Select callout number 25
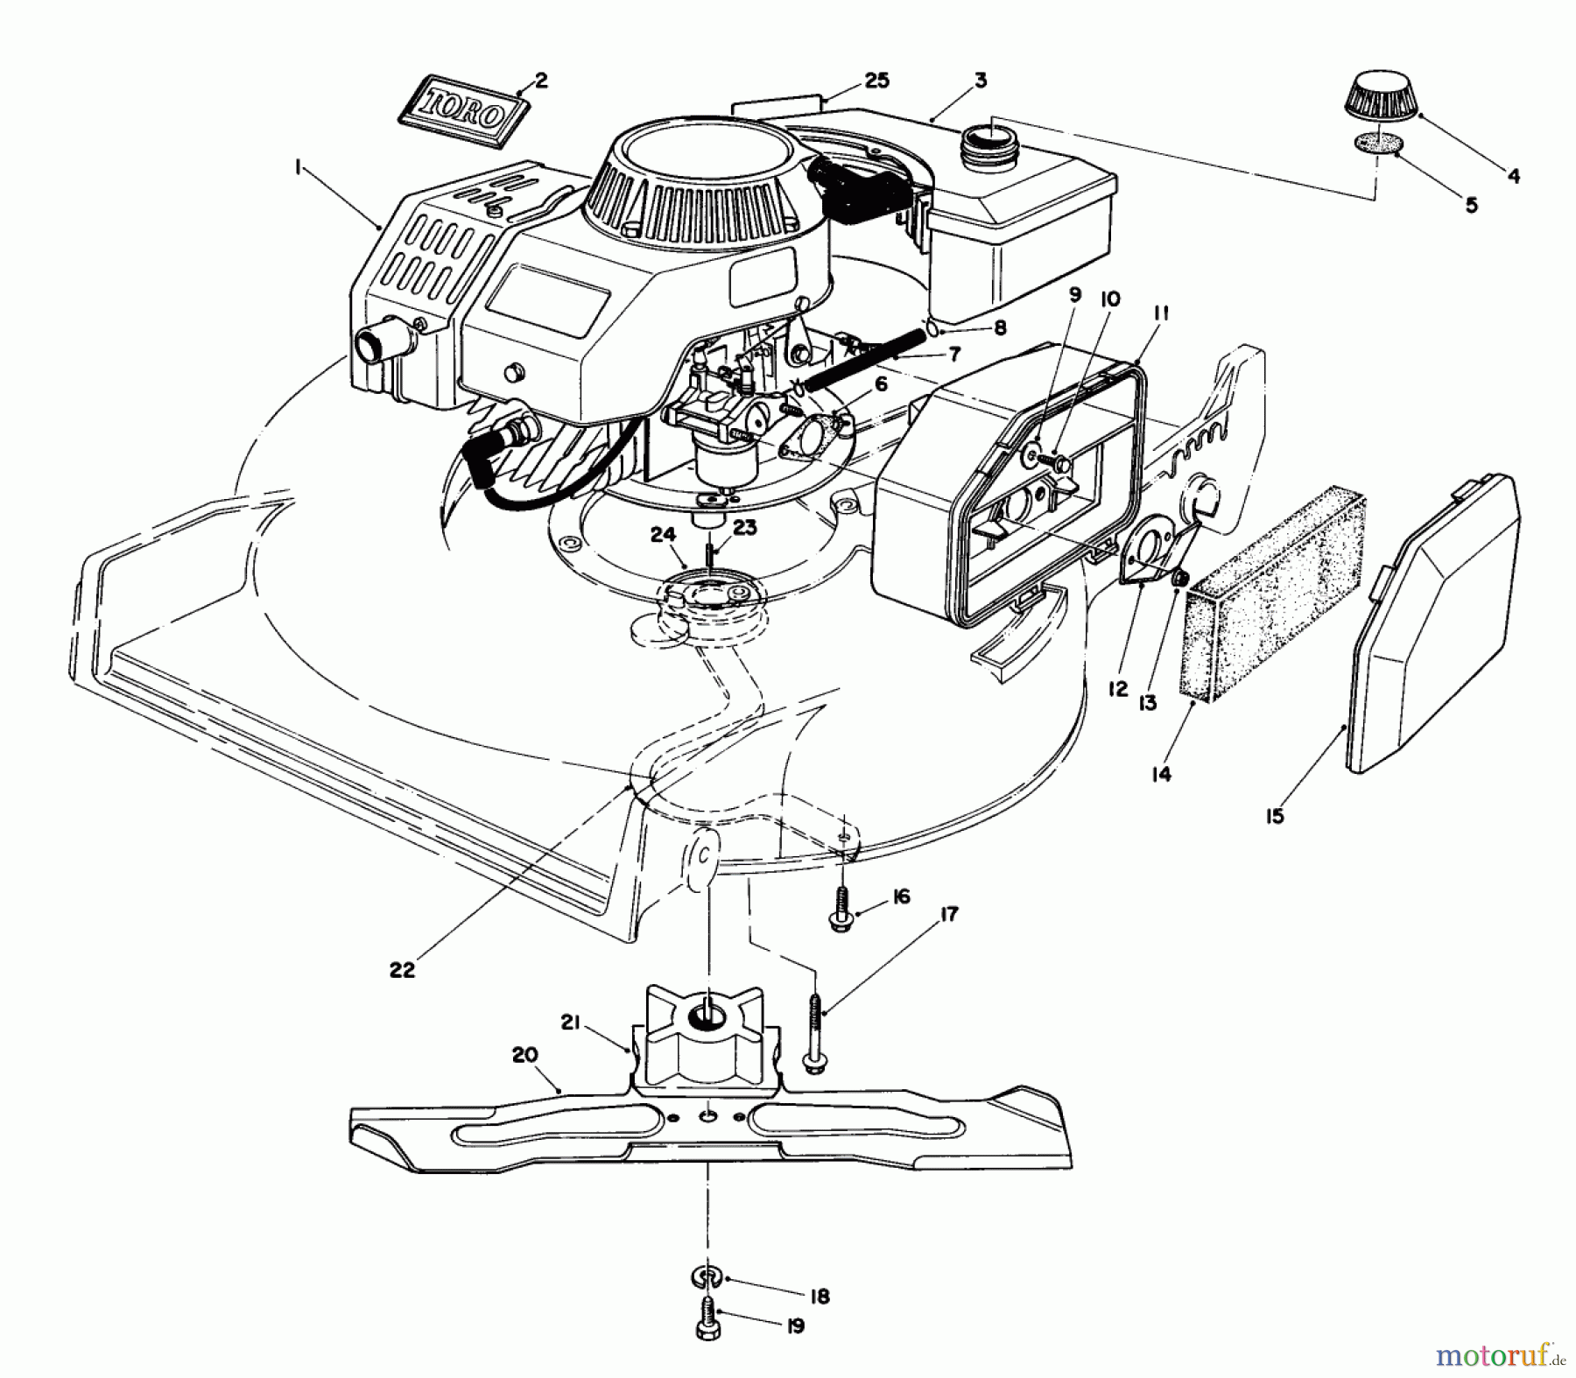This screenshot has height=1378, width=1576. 876,81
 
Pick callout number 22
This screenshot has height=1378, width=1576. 403,970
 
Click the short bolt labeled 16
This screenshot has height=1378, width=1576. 841,910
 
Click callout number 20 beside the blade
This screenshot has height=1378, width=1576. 525,1055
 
